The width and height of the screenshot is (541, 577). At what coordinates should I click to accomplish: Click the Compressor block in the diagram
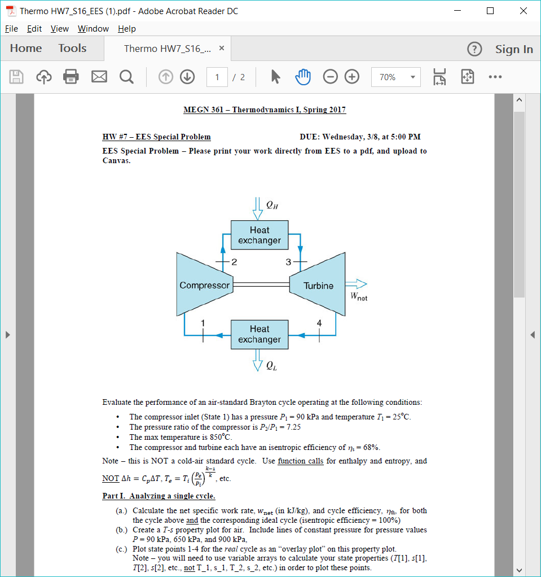coord(204,285)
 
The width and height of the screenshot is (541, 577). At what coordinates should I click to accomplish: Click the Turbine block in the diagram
coord(318,285)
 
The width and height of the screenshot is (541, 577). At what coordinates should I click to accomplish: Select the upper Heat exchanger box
coord(259,235)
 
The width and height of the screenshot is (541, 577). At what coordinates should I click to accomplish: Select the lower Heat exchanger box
coord(259,334)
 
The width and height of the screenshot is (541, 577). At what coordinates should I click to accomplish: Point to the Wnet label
coord(358,296)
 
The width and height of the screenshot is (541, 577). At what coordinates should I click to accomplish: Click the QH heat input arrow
coord(258,208)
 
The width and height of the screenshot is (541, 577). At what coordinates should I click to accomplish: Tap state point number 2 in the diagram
coord(234,262)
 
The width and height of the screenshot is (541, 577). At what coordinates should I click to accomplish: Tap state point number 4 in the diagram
coord(320,323)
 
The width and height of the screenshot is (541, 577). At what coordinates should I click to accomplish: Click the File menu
coord(11,29)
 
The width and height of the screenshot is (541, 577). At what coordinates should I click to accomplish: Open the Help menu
coord(126,29)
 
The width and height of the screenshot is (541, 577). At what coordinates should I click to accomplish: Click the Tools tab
coord(72,49)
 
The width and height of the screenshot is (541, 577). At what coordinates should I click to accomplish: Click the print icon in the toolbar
coord(71,77)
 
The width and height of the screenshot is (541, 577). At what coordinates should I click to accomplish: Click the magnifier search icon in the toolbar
coord(126,77)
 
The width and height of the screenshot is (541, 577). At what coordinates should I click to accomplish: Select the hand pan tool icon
coord(303,77)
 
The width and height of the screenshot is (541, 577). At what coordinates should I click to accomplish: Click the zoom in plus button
coord(352,77)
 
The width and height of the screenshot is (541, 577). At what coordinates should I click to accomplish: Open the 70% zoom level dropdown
coord(395,77)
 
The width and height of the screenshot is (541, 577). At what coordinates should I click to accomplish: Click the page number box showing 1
coord(217,77)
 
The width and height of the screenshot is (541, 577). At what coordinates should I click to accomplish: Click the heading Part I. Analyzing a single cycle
coord(159,496)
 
